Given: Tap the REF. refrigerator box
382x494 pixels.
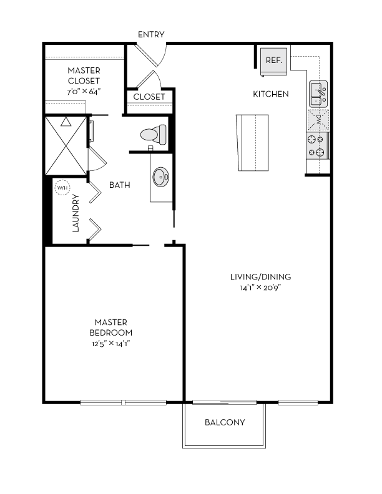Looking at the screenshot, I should click(274, 61).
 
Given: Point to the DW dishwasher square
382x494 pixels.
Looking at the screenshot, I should click(318, 119).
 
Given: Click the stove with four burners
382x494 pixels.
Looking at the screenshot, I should click(317, 146).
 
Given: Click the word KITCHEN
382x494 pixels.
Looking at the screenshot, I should click(270, 94).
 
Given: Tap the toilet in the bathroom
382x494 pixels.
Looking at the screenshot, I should click(152, 134).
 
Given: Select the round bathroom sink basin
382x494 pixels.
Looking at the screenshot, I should click(161, 177).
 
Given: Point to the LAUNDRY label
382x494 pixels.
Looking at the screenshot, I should click(76, 213).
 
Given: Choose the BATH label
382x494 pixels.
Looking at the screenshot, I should click(120, 185).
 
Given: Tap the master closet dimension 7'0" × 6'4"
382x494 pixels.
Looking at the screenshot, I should click(84, 92).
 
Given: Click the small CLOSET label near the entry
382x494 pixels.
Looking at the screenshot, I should click(149, 97).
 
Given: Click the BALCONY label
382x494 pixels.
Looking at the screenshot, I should click(225, 422).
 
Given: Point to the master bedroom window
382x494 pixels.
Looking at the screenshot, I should click(124, 402).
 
